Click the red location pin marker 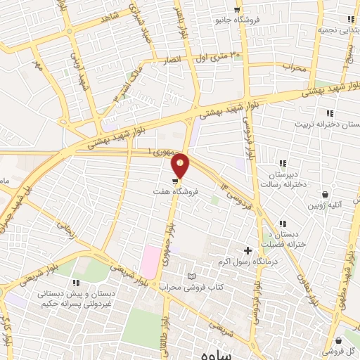click(x=181, y=165)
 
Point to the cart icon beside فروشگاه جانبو click(x=237, y=10)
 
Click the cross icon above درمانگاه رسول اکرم click(x=247, y=250)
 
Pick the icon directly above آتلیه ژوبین click(x=325, y=195)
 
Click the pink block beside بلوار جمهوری click(x=149, y=262)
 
